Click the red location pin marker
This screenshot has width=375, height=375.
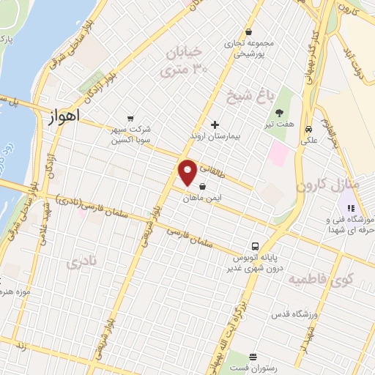click(x=187, y=173)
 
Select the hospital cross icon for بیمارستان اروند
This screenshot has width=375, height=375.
click(x=214, y=125)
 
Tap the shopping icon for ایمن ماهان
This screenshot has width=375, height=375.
click(x=202, y=186)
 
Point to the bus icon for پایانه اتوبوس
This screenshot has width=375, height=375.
click(x=255, y=246)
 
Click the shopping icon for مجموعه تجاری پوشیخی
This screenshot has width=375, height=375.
click(x=250, y=31)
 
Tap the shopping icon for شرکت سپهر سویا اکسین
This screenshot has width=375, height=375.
click(x=130, y=117)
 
